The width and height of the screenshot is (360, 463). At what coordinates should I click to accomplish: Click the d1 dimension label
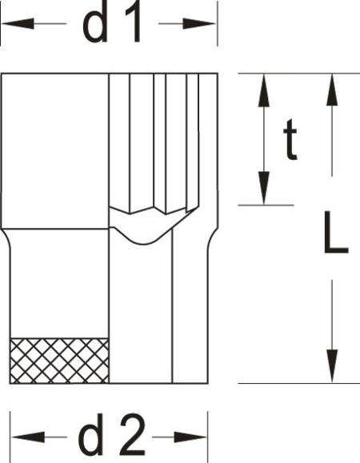[111, 23]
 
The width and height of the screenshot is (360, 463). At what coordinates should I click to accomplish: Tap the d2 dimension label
[111, 435]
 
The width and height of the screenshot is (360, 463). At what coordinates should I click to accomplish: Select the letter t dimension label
[290, 139]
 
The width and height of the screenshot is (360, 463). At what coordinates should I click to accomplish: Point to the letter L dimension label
[336, 233]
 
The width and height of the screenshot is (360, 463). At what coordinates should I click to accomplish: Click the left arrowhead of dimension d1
[18, 24]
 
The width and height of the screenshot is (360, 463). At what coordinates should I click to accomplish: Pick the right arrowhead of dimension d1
[200, 24]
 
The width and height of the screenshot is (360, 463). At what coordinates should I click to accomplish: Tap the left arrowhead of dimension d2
[28, 437]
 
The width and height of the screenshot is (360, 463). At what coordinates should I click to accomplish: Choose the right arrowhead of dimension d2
[190, 437]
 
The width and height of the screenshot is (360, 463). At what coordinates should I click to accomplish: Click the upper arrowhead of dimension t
[264, 90]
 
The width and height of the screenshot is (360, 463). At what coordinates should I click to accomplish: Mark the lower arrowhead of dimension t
[264, 188]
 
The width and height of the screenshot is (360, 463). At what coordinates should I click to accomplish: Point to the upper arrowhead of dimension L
[332, 90]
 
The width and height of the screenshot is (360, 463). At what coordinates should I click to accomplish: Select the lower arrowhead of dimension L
[332, 366]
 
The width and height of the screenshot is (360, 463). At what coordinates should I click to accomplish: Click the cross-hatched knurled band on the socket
[59, 361]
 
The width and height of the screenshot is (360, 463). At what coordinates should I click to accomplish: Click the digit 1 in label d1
[132, 23]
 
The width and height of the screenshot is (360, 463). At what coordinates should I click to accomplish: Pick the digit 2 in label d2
[133, 435]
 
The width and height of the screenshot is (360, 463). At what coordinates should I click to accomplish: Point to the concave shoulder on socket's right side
[213, 239]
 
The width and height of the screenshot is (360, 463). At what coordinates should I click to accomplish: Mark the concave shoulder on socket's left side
[6, 239]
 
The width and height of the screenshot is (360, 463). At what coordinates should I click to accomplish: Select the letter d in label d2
[91, 435]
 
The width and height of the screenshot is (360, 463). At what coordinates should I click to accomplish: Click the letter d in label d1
[95, 23]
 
